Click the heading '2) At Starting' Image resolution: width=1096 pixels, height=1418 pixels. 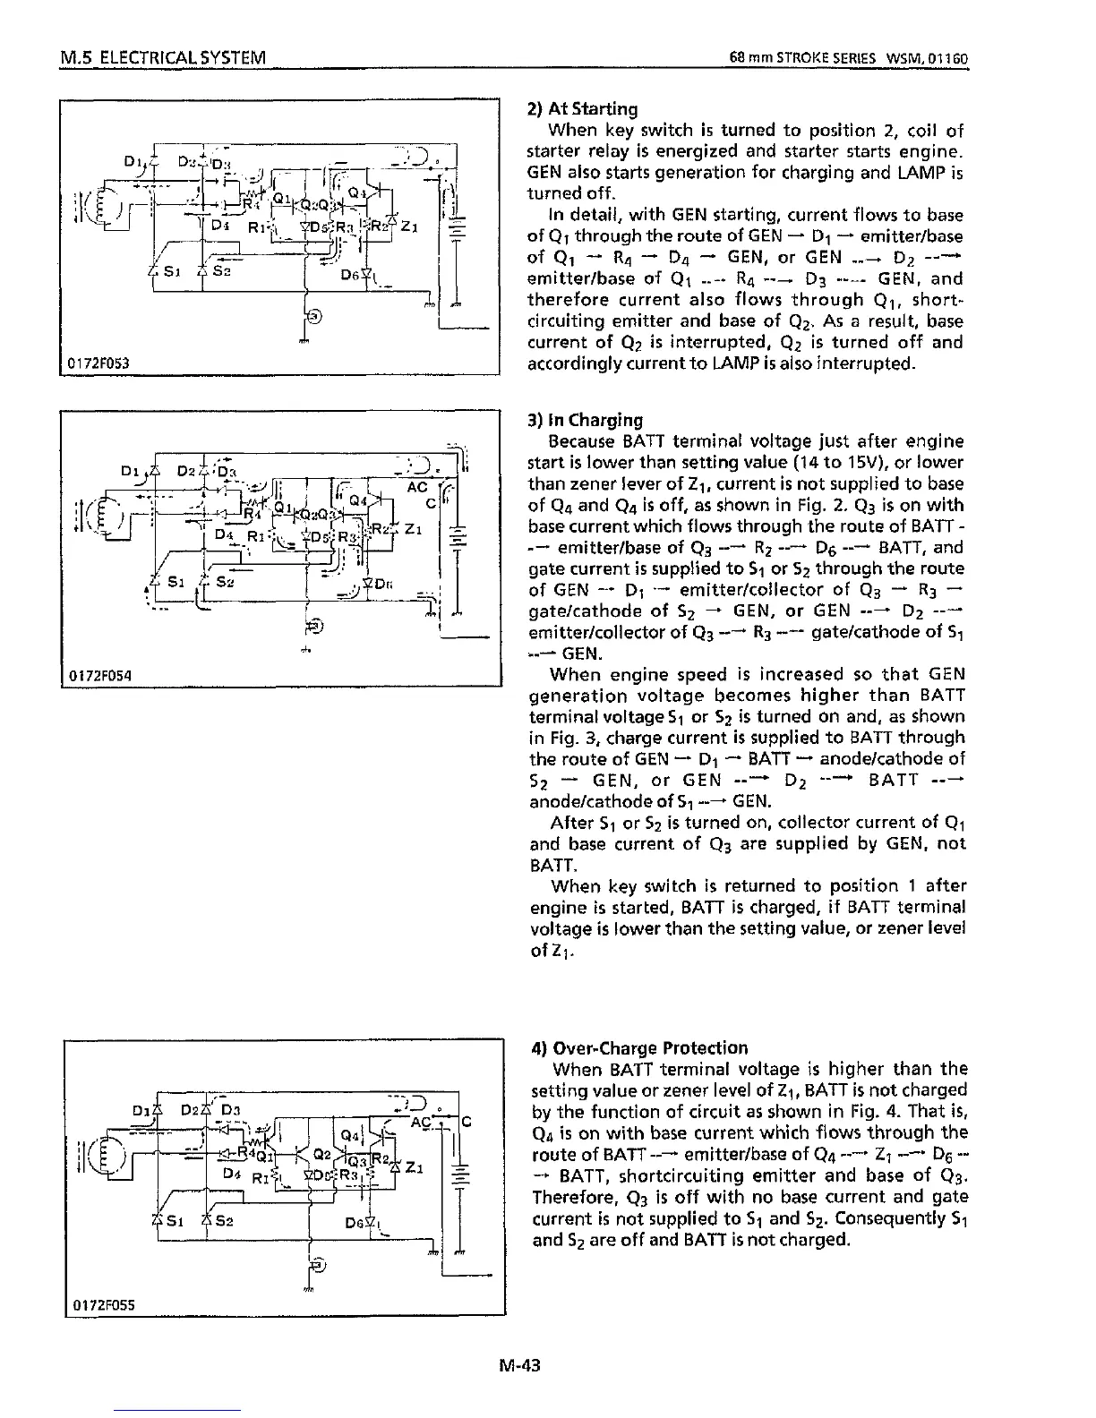click(582, 109)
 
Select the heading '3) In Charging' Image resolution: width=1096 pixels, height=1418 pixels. click(586, 420)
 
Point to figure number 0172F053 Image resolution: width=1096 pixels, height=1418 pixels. click(96, 363)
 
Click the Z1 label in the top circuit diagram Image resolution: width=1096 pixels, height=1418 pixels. click(408, 226)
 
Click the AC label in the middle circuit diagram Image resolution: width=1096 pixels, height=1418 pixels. click(417, 488)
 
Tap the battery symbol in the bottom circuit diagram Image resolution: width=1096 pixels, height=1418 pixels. click(458, 1175)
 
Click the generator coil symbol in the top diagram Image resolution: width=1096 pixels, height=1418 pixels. click(105, 209)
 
